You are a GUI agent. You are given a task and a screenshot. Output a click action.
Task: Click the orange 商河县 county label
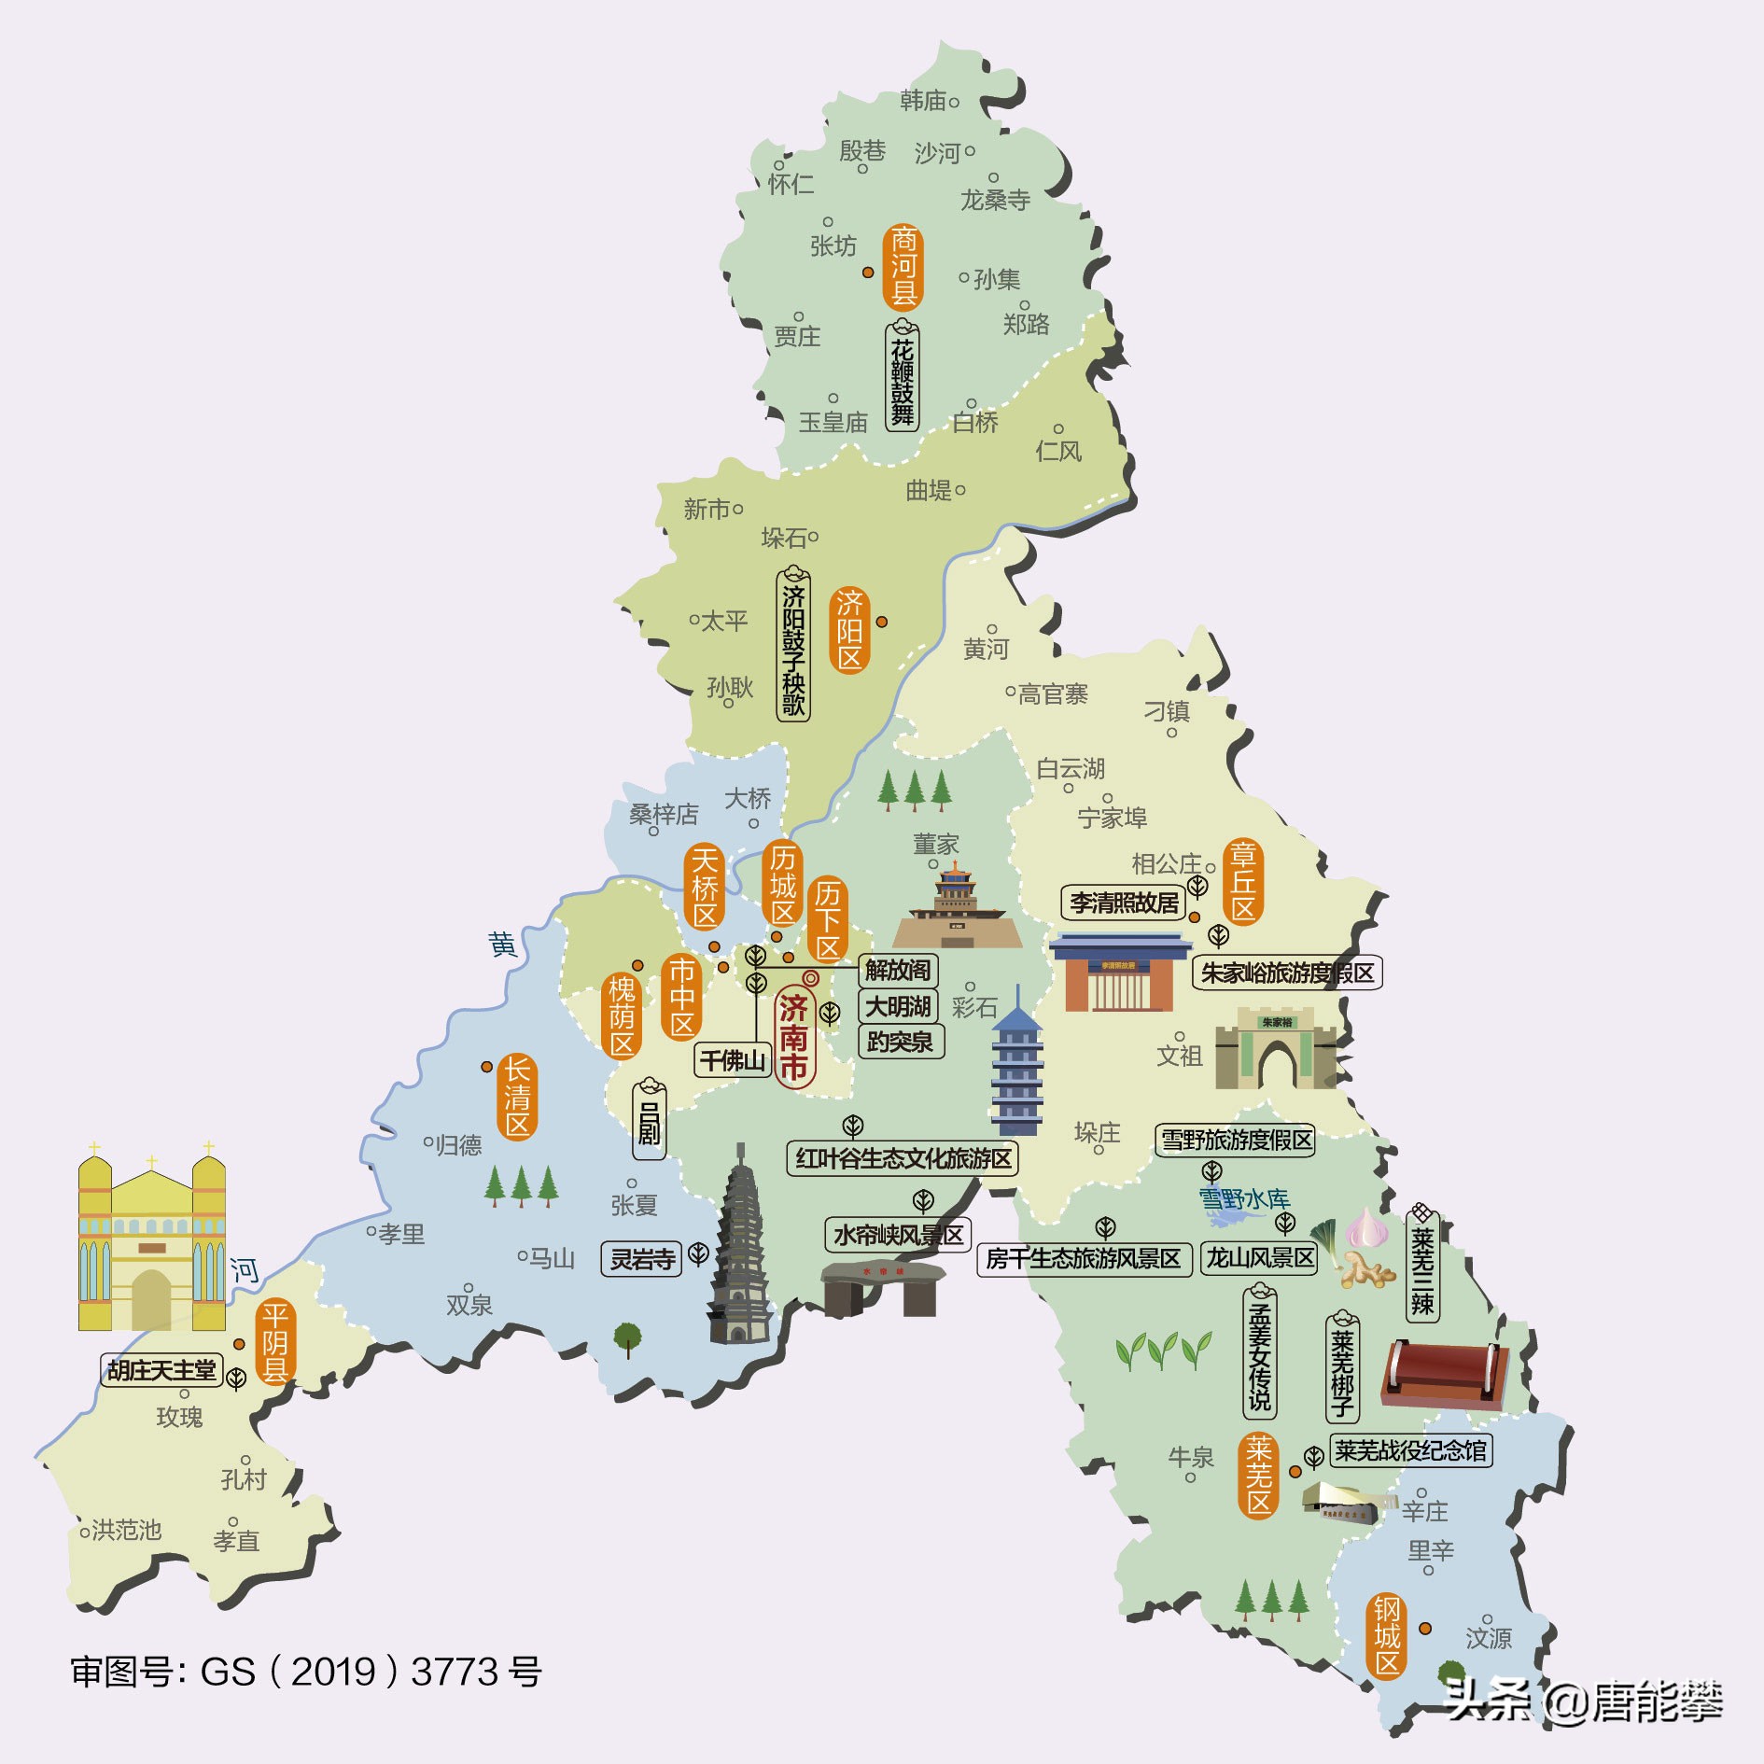point(903,267)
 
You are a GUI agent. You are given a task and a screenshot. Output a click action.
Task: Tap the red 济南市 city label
point(794,1036)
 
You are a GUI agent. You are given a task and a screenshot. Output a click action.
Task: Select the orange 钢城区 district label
point(1387,1635)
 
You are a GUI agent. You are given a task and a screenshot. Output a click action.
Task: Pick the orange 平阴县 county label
point(275,1342)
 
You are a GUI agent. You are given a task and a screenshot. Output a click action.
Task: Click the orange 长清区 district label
point(517,1097)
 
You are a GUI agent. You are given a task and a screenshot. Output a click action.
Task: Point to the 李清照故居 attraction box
point(1124,903)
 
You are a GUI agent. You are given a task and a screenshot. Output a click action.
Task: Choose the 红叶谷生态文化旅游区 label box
point(903,1158)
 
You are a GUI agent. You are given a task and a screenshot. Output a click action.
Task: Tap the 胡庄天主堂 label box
point(161,1370)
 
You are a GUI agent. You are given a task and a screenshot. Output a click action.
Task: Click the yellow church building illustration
point(151,1241)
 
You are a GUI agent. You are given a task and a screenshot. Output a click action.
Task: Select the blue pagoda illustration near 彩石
point(1016,1064)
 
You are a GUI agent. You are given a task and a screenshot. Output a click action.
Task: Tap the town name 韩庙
point(923,101)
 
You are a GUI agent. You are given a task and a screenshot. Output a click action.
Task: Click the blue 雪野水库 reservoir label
point(1243,1199)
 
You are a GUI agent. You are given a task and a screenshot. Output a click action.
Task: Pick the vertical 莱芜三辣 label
point(1422,1267)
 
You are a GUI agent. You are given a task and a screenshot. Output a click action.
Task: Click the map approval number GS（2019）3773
point(305,1672)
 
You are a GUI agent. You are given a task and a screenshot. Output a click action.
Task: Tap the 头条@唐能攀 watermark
point(1582,1701)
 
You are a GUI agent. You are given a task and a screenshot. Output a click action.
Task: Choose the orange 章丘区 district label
point(1243,881)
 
